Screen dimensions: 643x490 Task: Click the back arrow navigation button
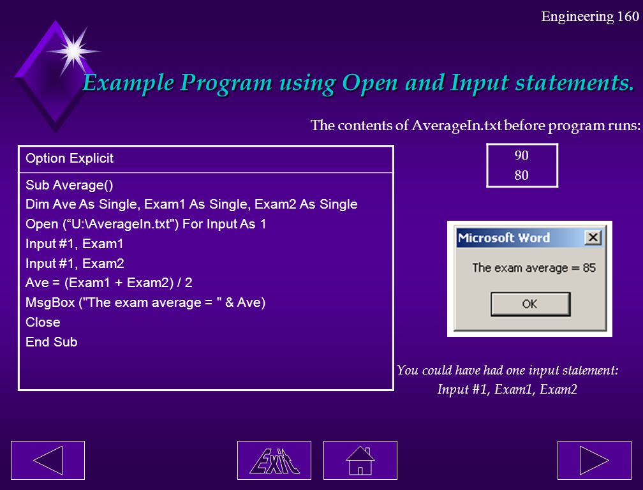coord(48,460)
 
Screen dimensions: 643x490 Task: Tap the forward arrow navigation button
coord(595,460)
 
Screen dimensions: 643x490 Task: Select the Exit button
coord(274,460)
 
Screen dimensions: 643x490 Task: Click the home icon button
coord(360,460)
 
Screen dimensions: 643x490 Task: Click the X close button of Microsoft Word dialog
coord(593,237)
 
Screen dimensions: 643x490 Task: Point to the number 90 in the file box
coord(522,156)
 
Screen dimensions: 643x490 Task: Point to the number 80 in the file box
coord(522,175)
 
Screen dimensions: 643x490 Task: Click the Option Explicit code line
coord(70,158)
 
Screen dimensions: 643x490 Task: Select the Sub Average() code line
coord(70,185)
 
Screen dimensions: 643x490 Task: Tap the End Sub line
coord(52,342)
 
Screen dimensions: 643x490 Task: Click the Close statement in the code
coord(43,322)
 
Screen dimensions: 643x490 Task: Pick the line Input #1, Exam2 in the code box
coord(75,264)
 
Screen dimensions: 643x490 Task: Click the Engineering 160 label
coord(590,17)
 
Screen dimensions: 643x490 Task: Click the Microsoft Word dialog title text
coord(503,238)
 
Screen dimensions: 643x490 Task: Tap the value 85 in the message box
coord(589,268)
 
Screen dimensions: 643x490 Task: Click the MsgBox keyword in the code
coord(50,302)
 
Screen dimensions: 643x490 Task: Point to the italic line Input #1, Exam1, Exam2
coord(507,389)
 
